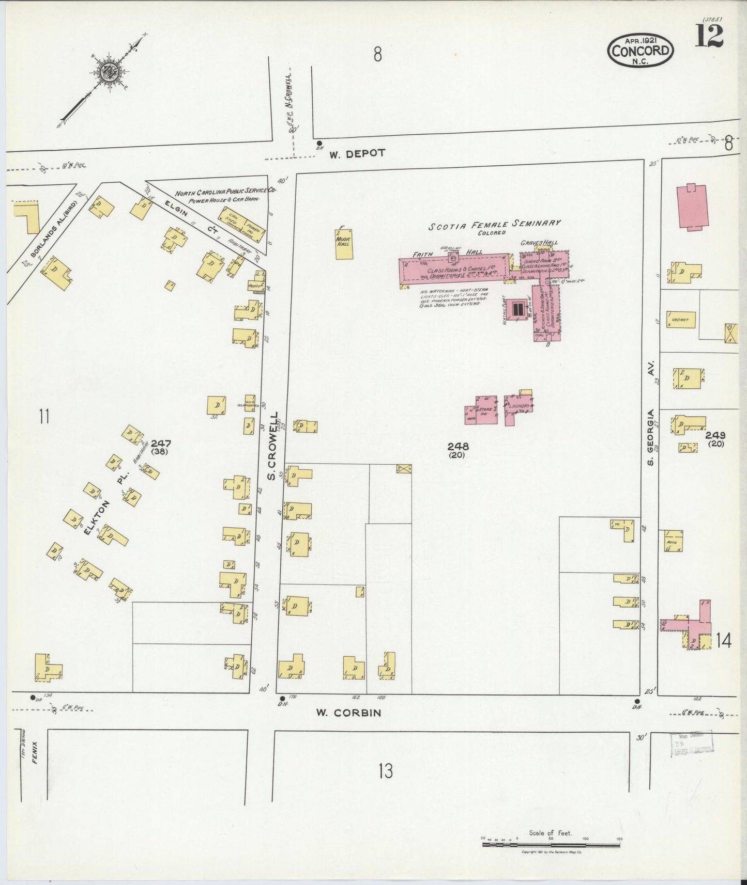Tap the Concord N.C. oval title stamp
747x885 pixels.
[641, 50]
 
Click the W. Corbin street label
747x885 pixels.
[348, 713]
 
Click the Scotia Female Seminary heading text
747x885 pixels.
[494, 224]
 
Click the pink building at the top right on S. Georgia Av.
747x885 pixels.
[692, 207]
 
